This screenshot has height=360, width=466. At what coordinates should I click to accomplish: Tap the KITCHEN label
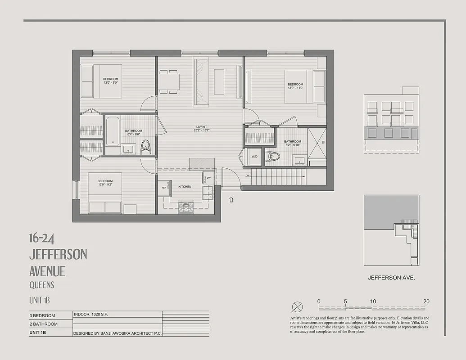pyautogui.click(x=185, y=186)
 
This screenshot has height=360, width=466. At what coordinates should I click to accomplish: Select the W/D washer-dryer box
pyautogui.click(x=254, y=157)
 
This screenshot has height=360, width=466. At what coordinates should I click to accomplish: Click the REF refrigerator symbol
pyautogui.click(x=164, y=188)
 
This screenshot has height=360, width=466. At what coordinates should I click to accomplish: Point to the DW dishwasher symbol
pyautogui.click(x=208, y=178)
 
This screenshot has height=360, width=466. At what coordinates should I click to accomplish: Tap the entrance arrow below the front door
pyautogui.click(x=231, y=199)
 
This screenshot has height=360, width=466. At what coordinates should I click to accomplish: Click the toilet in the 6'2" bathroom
pyautogui.click(x=273, y=157)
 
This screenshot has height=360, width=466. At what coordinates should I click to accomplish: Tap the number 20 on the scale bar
pyautogui.click(x=426, y=301)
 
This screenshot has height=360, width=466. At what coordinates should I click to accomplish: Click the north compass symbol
pyautogui.click(x=298, y=307)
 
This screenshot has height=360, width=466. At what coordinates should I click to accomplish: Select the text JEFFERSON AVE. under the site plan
pyautogui.click(x=391, y=278)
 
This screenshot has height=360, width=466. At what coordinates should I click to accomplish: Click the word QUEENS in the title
pyautogui.click(x=41, y=285)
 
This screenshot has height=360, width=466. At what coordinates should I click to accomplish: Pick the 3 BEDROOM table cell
pyautogui.click(x=42, y=315)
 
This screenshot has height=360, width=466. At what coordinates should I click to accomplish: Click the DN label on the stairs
pyautogui.click(x=247, y=175)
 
